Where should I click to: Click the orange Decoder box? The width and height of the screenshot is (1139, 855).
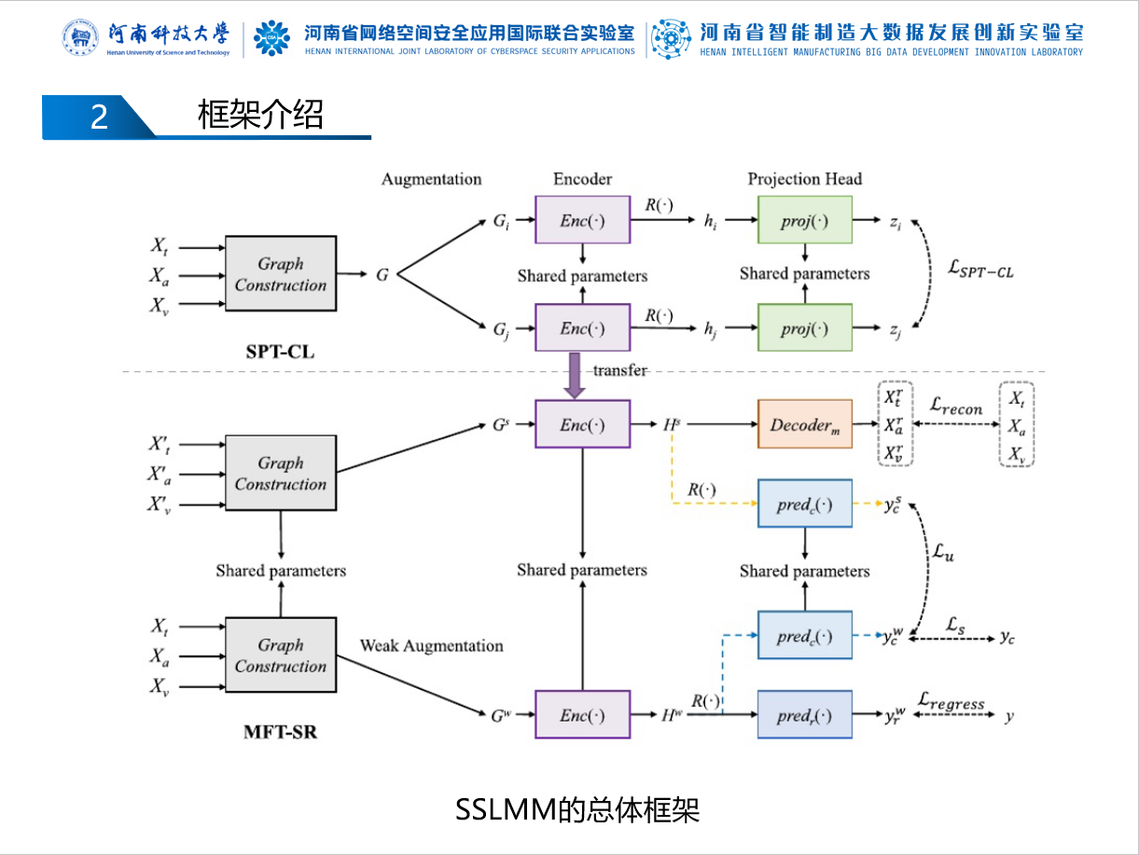click(x=804, y=424)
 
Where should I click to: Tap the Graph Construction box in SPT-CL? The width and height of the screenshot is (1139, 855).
click(x=281, y=274)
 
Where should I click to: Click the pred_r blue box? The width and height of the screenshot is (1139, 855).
click(x=804, y=715)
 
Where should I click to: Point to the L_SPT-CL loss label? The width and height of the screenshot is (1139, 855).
click(x=979, y=271)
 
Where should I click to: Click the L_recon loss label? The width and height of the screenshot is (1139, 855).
click(x=956, y=407)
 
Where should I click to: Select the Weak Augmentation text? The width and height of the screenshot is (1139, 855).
click(x=431, y=645)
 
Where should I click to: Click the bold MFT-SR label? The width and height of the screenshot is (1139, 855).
click(x=280, y=732)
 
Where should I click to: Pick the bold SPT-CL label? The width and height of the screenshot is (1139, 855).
click(x=280, y=352)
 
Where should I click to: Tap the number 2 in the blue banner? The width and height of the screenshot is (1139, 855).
click(x=99, y=117)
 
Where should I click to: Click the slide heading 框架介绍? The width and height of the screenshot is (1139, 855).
click(x=260, y=116)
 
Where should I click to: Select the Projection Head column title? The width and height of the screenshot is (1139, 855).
click(x=804, y=179)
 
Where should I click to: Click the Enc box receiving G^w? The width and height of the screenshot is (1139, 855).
click(x=582, y=715)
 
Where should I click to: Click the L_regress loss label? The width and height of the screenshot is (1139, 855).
click(x=951, y=701)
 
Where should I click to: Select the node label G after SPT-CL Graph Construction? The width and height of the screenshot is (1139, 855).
click(x=382, y=275)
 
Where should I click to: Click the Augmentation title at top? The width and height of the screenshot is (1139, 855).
click(x=431, y=179)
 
